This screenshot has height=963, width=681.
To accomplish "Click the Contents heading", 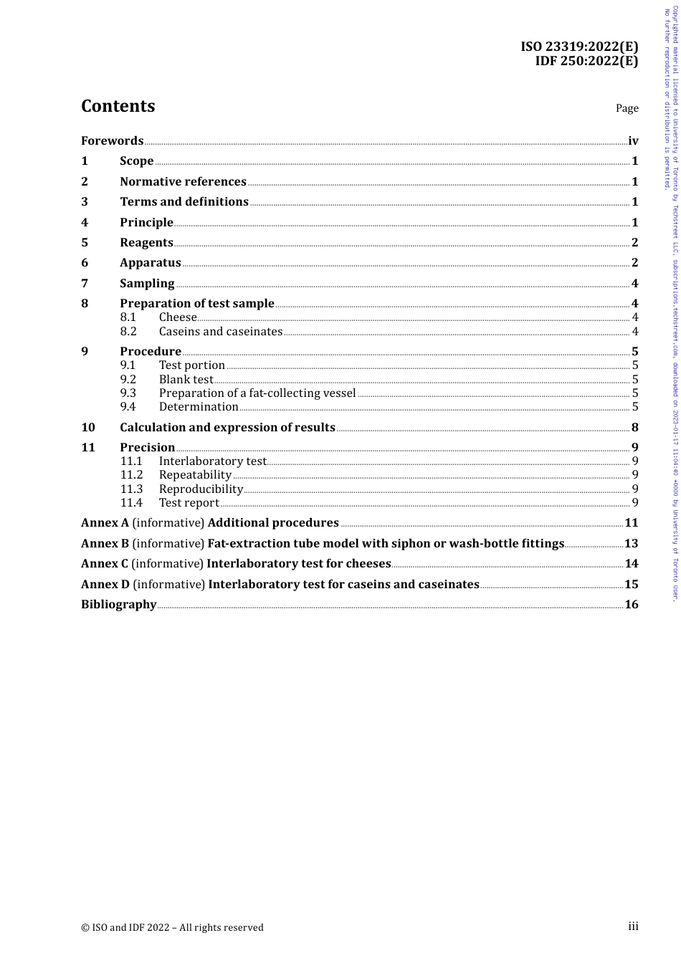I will point(118,106).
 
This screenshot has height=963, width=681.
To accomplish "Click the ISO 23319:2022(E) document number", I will point(579,47).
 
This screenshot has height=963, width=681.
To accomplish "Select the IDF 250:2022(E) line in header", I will point(586,61).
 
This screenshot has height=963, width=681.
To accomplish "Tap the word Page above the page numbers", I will point(627,108).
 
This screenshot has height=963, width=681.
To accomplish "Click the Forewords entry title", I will point(112,140).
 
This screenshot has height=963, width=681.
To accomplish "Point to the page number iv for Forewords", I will point(633,140).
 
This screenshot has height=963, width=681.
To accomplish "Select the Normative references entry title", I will point(183,181).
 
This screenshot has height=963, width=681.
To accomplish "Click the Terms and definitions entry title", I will point(184,201).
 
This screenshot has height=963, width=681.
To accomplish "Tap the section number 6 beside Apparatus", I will point(85,262).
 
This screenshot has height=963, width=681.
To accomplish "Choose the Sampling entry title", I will point(147,283).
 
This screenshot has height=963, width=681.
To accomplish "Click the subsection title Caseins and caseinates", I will point(221,331).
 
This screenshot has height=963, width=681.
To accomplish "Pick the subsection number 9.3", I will point(128,393).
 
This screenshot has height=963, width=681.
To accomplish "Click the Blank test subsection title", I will point(186,379).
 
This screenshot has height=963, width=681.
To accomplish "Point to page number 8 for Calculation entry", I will point(634,427).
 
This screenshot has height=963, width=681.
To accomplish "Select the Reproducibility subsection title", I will point(201,489).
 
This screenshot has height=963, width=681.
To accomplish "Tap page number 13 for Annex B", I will point(631,543).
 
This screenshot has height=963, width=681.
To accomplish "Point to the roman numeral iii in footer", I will point(633,926).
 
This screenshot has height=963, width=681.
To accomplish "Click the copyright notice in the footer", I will point(172,927).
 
